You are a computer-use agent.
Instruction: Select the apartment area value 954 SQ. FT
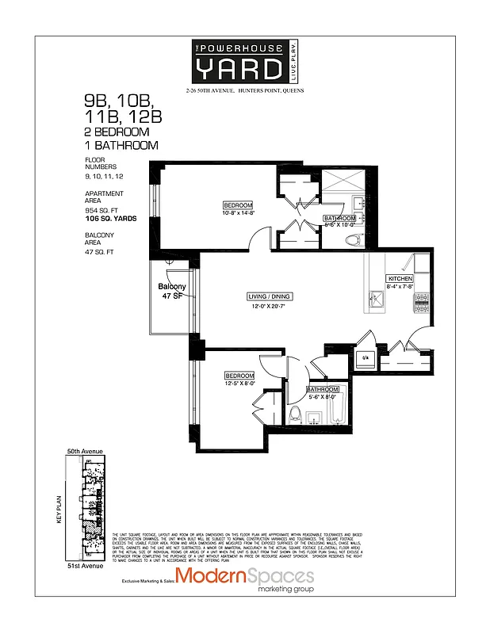coord(105,209)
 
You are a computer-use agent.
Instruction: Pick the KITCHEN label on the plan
coord(398,279)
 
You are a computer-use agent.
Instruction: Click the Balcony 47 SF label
coord(172,290)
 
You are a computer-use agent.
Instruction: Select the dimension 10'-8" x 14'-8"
coord(238,213)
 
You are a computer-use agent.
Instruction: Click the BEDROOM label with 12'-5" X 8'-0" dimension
coord(239,376)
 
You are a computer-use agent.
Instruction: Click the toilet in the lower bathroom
coord(294,414)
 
